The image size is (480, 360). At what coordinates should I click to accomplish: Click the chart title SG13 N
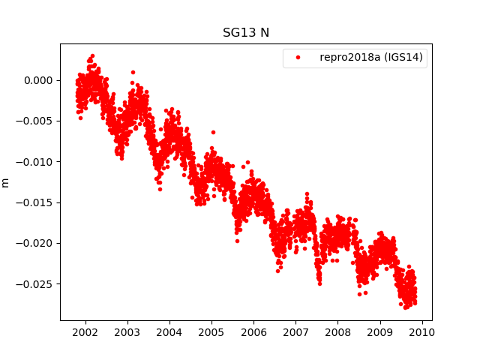[x=246, y=33]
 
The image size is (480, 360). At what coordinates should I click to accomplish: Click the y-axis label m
[x=6, y=182]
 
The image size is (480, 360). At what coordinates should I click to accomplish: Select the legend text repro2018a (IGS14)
[x=373, y=58]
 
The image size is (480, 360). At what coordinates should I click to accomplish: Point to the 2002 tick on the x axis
[x=85, y=332]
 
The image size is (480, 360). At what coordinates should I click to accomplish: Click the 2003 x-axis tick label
[x=127, y=332]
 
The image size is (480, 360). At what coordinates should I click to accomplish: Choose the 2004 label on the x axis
[x=169, y=332]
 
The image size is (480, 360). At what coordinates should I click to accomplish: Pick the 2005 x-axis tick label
[x=211, y=332]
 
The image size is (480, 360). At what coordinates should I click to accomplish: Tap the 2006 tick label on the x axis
[x=253, y=332]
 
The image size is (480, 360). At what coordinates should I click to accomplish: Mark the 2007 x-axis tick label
[x=295, y=332]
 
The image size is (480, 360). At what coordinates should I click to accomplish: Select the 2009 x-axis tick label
[x=380, y=332]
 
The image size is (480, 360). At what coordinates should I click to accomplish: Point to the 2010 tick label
[x=422, y=332]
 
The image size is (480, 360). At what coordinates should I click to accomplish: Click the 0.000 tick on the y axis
[x=38, y=80]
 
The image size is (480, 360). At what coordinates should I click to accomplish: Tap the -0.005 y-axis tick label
[x=36, y=121]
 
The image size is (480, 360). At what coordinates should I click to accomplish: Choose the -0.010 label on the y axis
[x=36, y=161]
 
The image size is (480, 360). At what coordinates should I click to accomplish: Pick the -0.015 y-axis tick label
[x=36, y=202]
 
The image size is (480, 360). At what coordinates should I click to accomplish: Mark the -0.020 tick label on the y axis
[x=36, y=243]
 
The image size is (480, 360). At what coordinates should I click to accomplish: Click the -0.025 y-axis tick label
[x=36, y=283]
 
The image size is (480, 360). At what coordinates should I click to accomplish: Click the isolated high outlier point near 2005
[x=213, y=132]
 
